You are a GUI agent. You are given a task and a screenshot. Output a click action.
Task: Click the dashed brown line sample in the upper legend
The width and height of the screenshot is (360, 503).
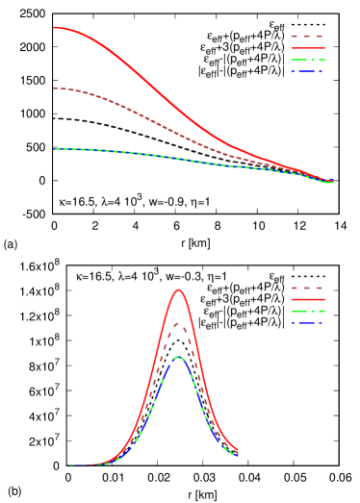[307, 37]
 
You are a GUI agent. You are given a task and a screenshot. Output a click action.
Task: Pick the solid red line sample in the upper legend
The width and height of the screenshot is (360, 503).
[307, 48]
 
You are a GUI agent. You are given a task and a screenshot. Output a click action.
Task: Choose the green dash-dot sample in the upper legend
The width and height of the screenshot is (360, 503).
[307, 60]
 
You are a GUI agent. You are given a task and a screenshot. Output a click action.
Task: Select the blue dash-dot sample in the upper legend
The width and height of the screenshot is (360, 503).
[307, 71]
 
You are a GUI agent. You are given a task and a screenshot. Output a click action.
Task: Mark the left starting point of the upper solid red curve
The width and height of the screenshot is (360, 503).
[55, 27]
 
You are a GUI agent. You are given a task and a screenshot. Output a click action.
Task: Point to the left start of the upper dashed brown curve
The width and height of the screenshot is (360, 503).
[55, 88]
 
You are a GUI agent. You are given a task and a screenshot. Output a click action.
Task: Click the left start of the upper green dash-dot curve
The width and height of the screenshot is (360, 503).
[55, 149]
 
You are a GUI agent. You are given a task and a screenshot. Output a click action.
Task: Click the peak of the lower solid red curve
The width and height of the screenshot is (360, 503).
[178, 289]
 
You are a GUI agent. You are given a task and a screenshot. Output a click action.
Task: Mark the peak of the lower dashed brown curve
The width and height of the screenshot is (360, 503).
[178, 323]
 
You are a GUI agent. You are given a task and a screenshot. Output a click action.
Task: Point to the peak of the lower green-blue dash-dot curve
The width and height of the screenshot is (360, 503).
[178, 358]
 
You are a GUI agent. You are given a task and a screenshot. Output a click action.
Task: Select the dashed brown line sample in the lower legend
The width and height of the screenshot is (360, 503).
[307, 288]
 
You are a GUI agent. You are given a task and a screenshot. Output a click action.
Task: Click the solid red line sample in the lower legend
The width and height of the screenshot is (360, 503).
[307, 299]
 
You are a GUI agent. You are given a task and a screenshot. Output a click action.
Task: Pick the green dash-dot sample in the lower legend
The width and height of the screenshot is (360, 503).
[307, 311]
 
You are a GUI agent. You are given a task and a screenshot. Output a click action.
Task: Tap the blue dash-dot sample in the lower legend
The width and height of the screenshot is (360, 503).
[307, 322]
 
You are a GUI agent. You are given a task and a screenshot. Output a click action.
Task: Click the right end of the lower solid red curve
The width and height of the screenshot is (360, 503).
[237, 450]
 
